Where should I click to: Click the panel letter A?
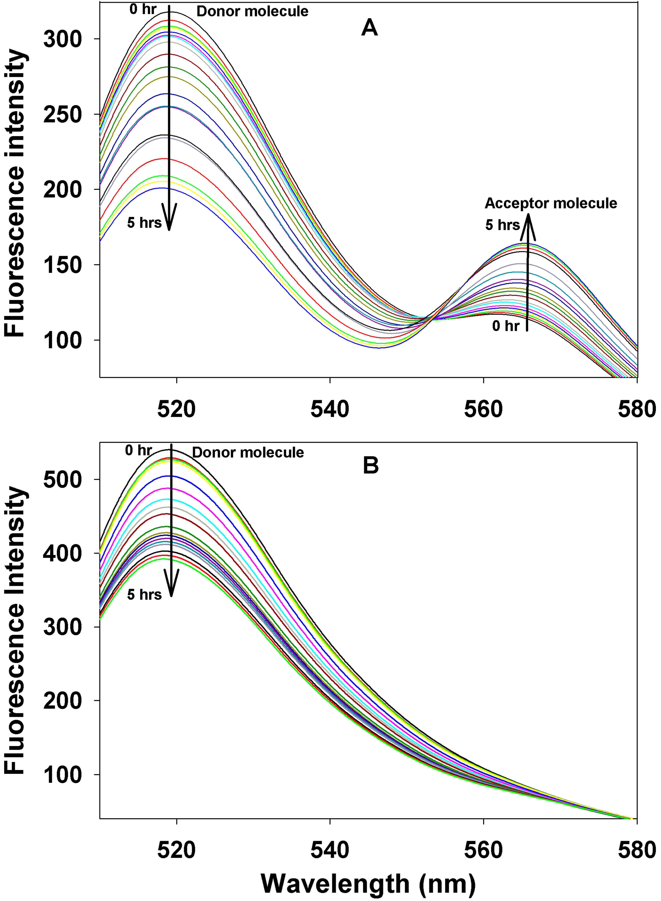click(369, 28)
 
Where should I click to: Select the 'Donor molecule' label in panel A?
click(252, 12)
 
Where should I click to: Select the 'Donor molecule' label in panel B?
click(248, 453)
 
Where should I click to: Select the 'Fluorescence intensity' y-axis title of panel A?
click(15, 193)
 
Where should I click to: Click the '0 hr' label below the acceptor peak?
click(506, 326)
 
